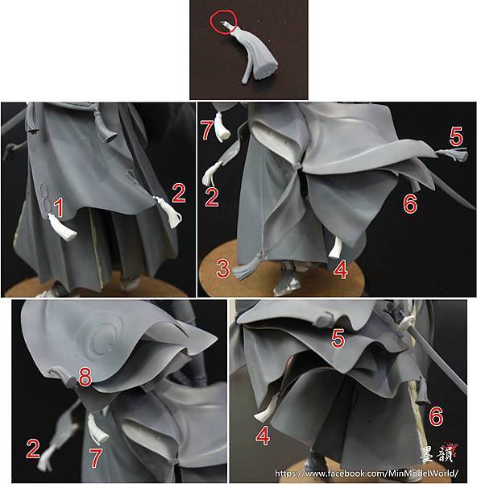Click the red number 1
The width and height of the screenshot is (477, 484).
pos(59,207)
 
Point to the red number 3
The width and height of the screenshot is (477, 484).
pos(223,269)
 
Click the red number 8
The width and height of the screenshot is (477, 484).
pos(85,377)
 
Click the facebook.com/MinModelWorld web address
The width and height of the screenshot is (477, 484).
pos(367,474)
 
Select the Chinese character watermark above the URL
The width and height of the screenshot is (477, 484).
pos(438,453)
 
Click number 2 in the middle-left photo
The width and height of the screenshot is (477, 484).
pos(179,194)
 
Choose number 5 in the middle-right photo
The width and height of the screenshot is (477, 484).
pos(456,137)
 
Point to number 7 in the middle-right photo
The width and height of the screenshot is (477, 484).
pos(207,130)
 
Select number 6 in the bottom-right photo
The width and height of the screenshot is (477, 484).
pos(436,417)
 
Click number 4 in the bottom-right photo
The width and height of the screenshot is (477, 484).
pos(263,436)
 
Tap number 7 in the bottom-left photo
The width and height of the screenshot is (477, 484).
pos(96,458)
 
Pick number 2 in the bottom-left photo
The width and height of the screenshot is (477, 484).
pos(33,449)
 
